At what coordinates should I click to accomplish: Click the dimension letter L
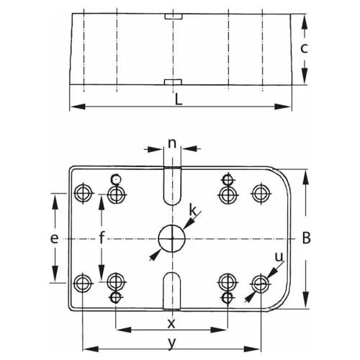(x=179, y=100)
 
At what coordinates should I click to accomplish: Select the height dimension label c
(x=305, y=49)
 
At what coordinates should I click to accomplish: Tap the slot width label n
(x=172, y=142)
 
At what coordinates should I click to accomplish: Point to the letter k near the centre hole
(x=192, y=210)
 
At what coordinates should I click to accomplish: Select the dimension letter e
(x=53, y=238)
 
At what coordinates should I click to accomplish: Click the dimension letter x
(x=171, y=322)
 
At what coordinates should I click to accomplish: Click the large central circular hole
(x=171, y=238)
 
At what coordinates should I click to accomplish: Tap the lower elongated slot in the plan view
(x=171, y=289)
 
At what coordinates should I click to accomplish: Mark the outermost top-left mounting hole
(x=84, y=193)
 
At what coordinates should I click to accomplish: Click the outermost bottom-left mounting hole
(x=84, y=282)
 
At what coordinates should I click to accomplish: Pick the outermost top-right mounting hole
(x=259, y=193)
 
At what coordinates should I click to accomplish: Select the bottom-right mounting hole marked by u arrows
(x=259, y=282)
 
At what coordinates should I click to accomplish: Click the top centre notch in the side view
(x=173, y=16)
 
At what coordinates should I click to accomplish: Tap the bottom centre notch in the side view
(x=173, y=81)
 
